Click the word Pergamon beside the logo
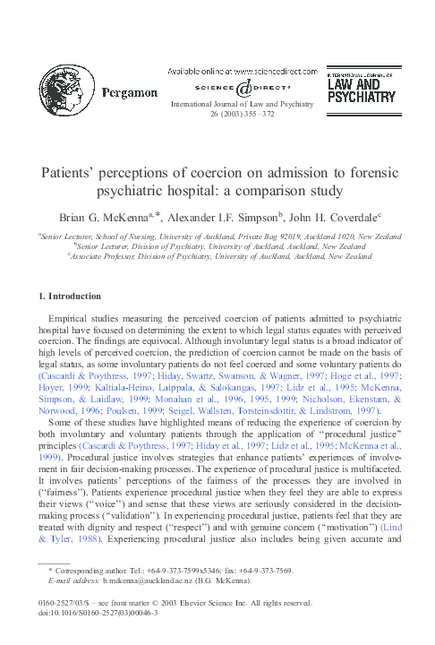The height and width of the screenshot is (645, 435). [x=131, y=90]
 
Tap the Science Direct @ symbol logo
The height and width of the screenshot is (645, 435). [x=243, y=88]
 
